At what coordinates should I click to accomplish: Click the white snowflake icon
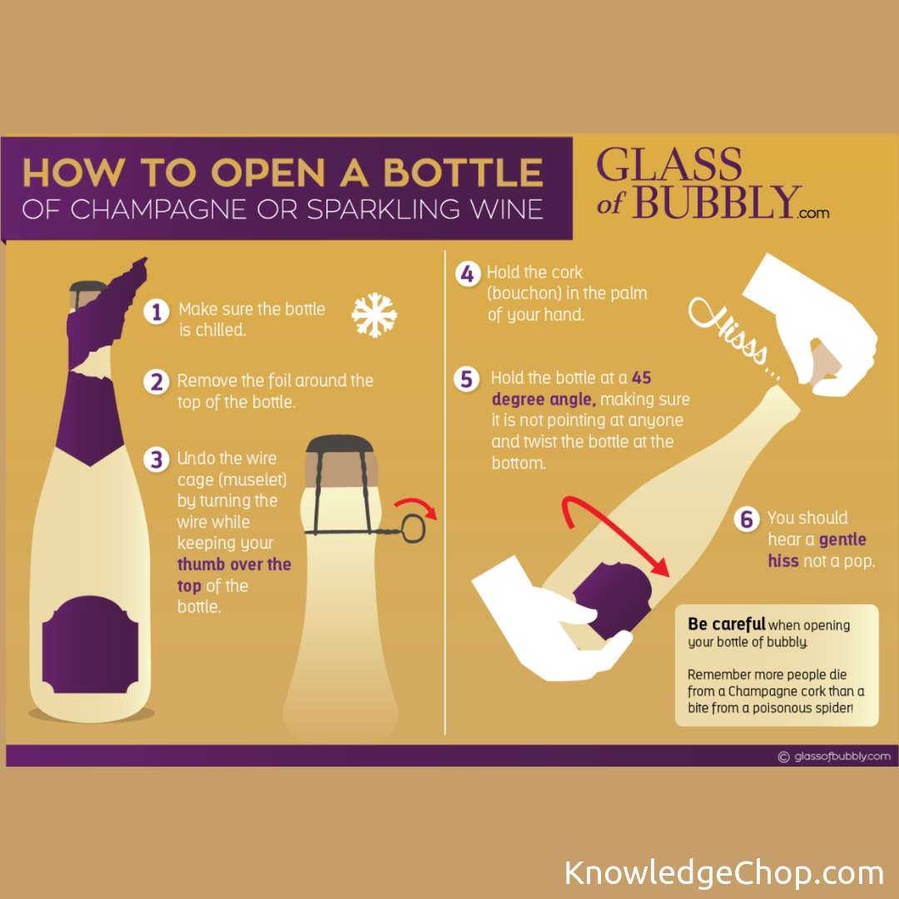click(x=374, y=315)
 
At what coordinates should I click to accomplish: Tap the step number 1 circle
click(x=156, y=312)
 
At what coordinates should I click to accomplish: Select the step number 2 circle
click(x=156, y=382)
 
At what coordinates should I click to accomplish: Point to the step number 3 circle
click(x=156, y=459)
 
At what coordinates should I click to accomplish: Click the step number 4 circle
click(x=468, y=274)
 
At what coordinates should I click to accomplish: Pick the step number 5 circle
click(x=467, y=379)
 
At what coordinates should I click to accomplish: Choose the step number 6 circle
click(x=747, y=519)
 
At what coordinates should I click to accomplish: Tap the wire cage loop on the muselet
click(x=414, y=528)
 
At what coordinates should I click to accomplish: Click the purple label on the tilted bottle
click(x=612, y=600)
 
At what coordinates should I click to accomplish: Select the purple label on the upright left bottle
click(x=90, y=644)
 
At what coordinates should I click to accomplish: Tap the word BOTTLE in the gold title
click(x=463, y=172)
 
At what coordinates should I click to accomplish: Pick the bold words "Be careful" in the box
click(x=727, y=623)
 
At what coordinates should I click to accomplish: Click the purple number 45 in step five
click(x=642, y=378)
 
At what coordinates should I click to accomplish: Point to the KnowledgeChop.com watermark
click(x=724, y=872)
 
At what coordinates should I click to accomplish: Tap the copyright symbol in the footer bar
click(x=783, y=757)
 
